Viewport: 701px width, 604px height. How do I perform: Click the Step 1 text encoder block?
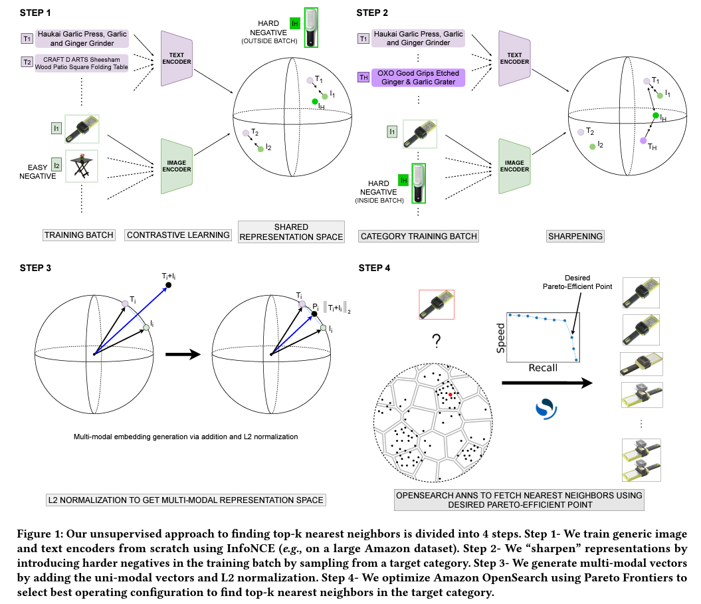[x=177, y=58]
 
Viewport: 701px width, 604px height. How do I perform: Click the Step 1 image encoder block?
[x=177, y=166]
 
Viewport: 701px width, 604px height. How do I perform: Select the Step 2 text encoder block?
[x=514, y=58]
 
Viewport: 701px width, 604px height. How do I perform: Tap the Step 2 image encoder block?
[x=514, y=166]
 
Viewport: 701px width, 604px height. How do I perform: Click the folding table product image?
[x=82, y=166]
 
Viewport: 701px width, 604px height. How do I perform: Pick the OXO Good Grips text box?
[x=418, y=77]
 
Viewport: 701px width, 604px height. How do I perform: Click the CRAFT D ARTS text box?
[x=81, y=63]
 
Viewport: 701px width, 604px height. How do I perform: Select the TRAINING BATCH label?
[x=78, y=235]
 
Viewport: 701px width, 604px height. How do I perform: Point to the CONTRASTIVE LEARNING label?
[x=178, y=235]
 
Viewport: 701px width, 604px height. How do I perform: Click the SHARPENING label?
[x=575, y=236]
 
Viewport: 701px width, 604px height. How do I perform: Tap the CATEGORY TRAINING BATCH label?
[x=419, y=236]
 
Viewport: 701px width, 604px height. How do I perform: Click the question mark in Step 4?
[x=437, y=341]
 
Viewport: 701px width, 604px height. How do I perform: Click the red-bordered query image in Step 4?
[x=437, y=304]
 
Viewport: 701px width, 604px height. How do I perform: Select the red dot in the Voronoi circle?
[x=451, y=394]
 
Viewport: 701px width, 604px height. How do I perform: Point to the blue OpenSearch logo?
[x=546, y=409]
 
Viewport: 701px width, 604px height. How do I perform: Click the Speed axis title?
[x=501, y=338]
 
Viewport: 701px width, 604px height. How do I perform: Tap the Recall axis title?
[x=543, y=367]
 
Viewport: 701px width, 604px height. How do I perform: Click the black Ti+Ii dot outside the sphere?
[x=169, y=285]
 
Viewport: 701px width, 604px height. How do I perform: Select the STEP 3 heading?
[x=35, y=268]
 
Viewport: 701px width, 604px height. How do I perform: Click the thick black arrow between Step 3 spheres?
[x=183, y=355]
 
